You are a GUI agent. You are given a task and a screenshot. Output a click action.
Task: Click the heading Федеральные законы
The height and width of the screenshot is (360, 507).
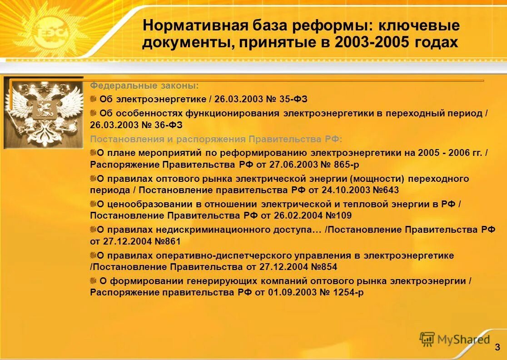click(144, 85)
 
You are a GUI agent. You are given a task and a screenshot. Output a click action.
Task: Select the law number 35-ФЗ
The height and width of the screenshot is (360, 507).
click(289, 99)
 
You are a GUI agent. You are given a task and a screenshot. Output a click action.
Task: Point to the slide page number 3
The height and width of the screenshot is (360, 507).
click(497, 347)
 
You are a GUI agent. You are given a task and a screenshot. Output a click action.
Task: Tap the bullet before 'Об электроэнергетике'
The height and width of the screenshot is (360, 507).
click(93, 99)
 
